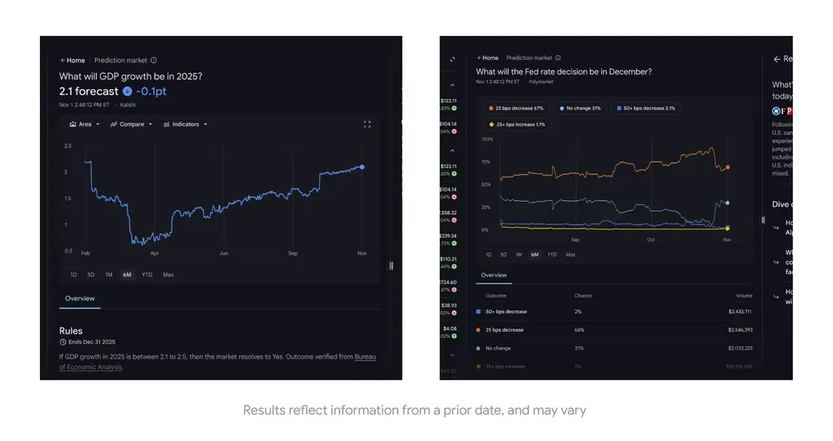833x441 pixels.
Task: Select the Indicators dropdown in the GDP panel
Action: point(185,124)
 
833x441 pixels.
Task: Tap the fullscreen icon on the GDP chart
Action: point(367,124)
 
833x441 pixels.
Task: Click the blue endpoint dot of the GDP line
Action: point(362,167)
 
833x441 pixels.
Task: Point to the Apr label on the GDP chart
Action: point(154,253)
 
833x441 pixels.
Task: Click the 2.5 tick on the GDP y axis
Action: point(67,146)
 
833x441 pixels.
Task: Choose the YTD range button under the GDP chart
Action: point(147,274)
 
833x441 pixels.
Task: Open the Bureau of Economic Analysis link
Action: point(365,357)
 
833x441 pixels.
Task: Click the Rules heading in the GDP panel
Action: point(71,331)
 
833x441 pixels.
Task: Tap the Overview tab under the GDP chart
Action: point(80,298)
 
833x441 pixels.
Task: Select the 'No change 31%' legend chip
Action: point(581,108)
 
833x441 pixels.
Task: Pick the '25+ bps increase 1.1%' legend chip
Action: point(516,124)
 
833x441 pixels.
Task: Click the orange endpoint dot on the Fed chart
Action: point(727,168)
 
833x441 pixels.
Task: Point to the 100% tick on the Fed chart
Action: point(486,139)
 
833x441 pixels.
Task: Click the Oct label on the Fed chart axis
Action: point(651,240)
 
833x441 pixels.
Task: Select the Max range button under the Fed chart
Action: point(570,254)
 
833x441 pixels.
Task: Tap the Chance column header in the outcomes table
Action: point(583,296)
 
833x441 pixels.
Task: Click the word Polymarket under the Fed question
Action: point(541,82)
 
